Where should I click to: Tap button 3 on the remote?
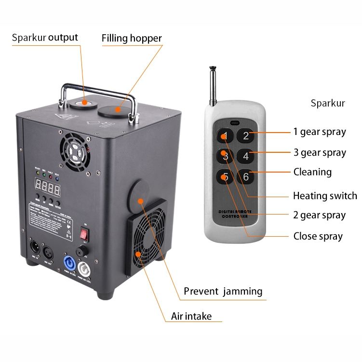click(x=225, y=156)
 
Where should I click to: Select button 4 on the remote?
click(x=245, y=156)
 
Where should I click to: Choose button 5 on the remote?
click(x=225, y=177)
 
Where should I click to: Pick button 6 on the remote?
click(x=245, y=177)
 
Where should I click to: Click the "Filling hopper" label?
click(x=132, y=39)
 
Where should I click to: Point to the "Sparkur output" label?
click(x=45, y=38)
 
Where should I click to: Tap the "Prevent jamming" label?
click(x=223, y=291)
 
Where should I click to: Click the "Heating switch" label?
click(x=325, y=196)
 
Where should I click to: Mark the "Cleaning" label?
click(x=312, y=172)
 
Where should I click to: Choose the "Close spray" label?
click(x=318, y=236)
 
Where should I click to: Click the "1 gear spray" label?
click(x=320, y=132)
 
